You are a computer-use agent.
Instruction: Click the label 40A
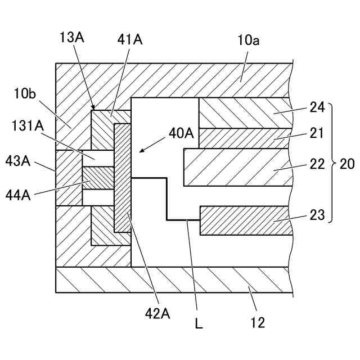tap(181, 134)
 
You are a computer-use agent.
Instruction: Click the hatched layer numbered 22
tap(236, 167)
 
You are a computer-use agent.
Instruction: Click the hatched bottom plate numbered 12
tap(169, 280)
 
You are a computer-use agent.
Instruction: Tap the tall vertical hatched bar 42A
tap(121, 177)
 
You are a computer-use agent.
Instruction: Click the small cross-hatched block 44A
tap(98, 178)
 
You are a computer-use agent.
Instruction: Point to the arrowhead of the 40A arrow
tap(141, 151)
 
